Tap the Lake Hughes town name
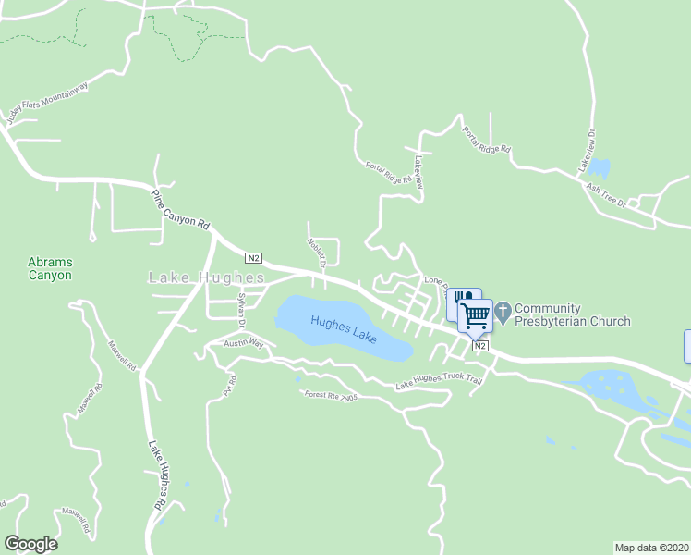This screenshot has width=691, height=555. click(x=207, y=277)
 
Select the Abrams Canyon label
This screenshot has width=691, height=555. click(x=50, y=268)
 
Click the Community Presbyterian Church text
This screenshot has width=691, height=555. click(x=572, y=314)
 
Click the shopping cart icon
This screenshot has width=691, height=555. click(x=476, y=314)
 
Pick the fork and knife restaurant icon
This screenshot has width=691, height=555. click(x=461, y=300)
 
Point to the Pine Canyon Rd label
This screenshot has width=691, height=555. click(x=181, y=211)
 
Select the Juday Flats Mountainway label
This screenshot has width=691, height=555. click(x=47, y=103)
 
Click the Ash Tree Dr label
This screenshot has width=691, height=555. click(x=606, y=193)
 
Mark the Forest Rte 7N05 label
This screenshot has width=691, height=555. click(x=331, y=396)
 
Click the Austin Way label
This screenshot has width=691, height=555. click(x=244, y=343)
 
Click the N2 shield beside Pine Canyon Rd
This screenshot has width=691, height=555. click(x=254, y=257)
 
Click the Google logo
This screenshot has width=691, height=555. click(x=30, y=544)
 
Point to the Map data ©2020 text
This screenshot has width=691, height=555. click(x=651, y=548)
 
